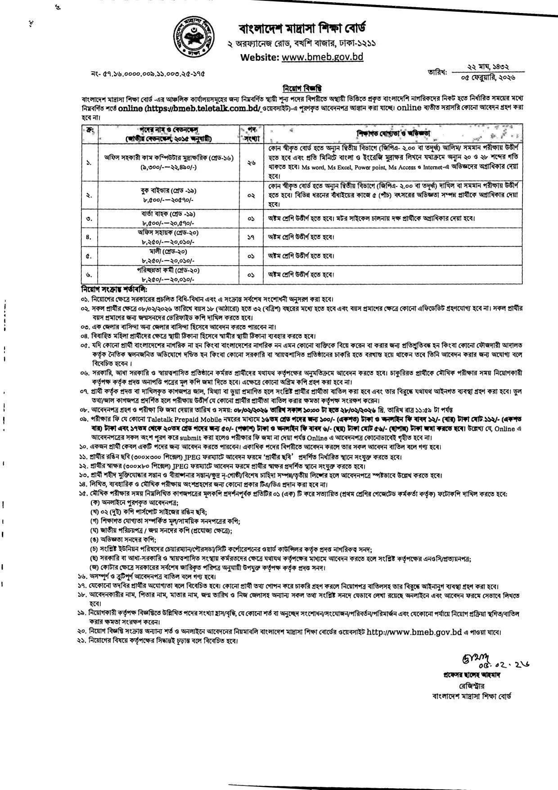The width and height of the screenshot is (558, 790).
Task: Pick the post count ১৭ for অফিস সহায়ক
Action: [x=251, y=236]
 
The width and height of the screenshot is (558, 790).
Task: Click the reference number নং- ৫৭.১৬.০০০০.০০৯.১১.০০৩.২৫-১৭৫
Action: [x=148, y=72]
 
